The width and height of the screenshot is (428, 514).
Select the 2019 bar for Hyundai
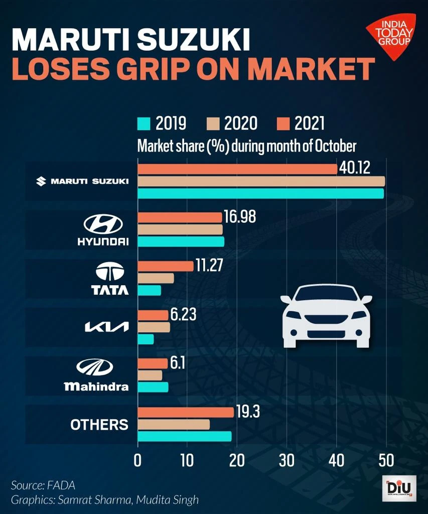point(181,241)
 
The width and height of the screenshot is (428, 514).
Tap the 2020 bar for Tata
point(156,278)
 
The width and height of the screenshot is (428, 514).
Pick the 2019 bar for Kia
point(146,339)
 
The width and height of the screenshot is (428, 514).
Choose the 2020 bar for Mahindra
point(150,375)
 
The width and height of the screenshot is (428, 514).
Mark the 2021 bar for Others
point(186,412)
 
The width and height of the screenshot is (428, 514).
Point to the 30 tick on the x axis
point(287,460)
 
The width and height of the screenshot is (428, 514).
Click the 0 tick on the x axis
point(137,460)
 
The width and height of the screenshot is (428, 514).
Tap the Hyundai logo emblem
point(103,224)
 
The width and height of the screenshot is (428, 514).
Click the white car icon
point(326,316)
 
